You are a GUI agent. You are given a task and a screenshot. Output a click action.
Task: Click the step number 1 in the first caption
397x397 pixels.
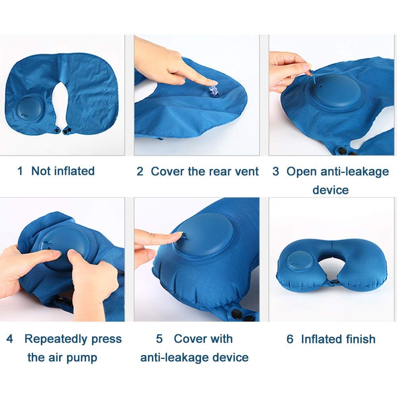20,171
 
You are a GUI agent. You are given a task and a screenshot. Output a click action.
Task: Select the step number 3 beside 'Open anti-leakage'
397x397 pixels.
276,171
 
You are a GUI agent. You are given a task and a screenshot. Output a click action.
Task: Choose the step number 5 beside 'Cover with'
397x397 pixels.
159,339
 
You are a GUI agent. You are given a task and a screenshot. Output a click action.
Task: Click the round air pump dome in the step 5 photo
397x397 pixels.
203,235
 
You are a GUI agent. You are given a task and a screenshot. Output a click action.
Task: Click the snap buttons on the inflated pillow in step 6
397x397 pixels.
334,282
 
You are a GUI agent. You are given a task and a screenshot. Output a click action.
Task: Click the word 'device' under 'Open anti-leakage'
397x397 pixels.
330,190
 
